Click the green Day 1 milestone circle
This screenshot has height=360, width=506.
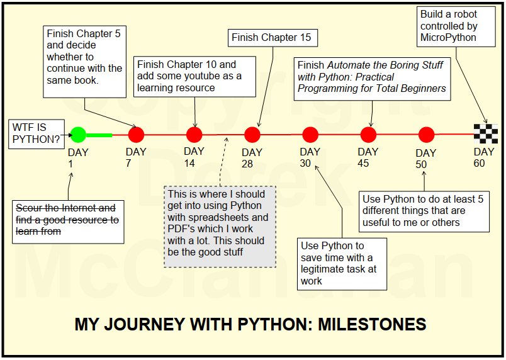coord(78,135)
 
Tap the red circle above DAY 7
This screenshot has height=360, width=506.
coord(136,135)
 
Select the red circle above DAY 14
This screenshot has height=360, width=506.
coord(194,135)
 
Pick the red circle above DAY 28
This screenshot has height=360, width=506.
coord(252,135)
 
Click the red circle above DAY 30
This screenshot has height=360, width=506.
coord(310,135)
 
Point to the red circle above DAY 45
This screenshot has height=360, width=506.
coord(368,135)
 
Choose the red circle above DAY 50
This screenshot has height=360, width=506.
coord(426,135)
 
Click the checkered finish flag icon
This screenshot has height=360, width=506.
coord(486,134)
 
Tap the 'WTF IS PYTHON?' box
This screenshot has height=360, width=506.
coord(35,133)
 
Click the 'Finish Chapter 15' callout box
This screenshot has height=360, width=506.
coord(272,38)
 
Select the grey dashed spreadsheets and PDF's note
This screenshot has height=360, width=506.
coord(220,226)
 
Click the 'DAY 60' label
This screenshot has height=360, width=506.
coord(484,157)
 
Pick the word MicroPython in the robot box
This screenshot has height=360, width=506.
coord(448,37)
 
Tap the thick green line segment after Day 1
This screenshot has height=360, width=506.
coord(99,135)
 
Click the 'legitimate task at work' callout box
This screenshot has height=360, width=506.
coord(342,263)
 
